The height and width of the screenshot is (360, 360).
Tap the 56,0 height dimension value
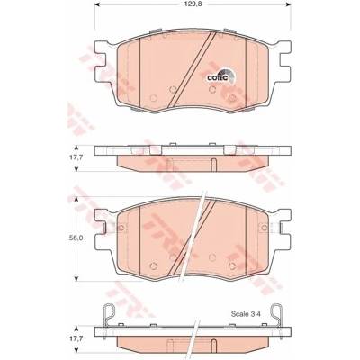[x=74, y=238]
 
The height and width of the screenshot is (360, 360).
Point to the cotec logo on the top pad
[x=221, y=76]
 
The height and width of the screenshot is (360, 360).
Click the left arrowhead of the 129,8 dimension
[x=97, y=5]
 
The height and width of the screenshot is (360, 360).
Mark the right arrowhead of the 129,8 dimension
[x=289, y=5]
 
